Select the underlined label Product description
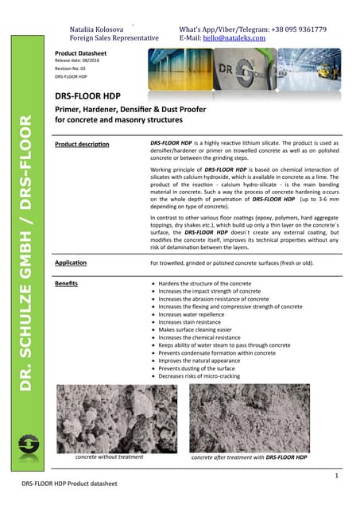point(82,144)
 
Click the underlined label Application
point(70,262)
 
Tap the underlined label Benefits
point(65,283)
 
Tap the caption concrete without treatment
point(109,458)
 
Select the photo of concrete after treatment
point(261,418)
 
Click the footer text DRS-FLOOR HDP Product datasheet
point(69,484)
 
